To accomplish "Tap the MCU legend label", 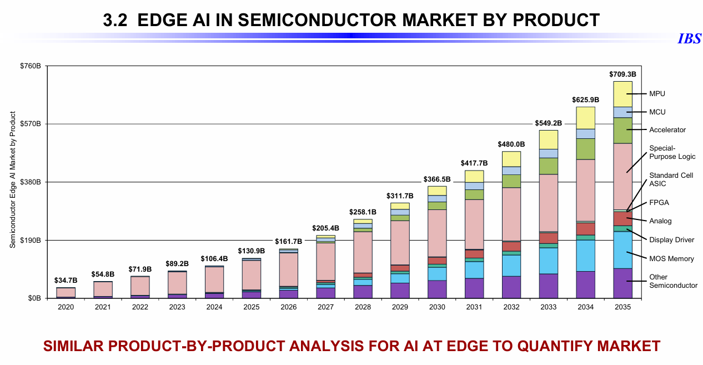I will click(657, 112).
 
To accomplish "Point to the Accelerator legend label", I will click(667, 130).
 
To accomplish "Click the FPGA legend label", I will click(659, 203).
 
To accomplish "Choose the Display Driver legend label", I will click(671, 240).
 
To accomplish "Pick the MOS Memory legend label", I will click(671, 259).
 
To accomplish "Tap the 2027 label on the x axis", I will click(325, 307).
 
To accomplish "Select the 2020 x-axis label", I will click(66, 307).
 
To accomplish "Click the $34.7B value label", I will click(66, 280).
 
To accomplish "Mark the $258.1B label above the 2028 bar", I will click(363, 212).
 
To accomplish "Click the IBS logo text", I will click(689, 39).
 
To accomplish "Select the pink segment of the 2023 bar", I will click(177, 282).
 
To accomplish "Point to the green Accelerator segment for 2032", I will click(511, 181).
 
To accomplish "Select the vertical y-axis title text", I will click(12, 179).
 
